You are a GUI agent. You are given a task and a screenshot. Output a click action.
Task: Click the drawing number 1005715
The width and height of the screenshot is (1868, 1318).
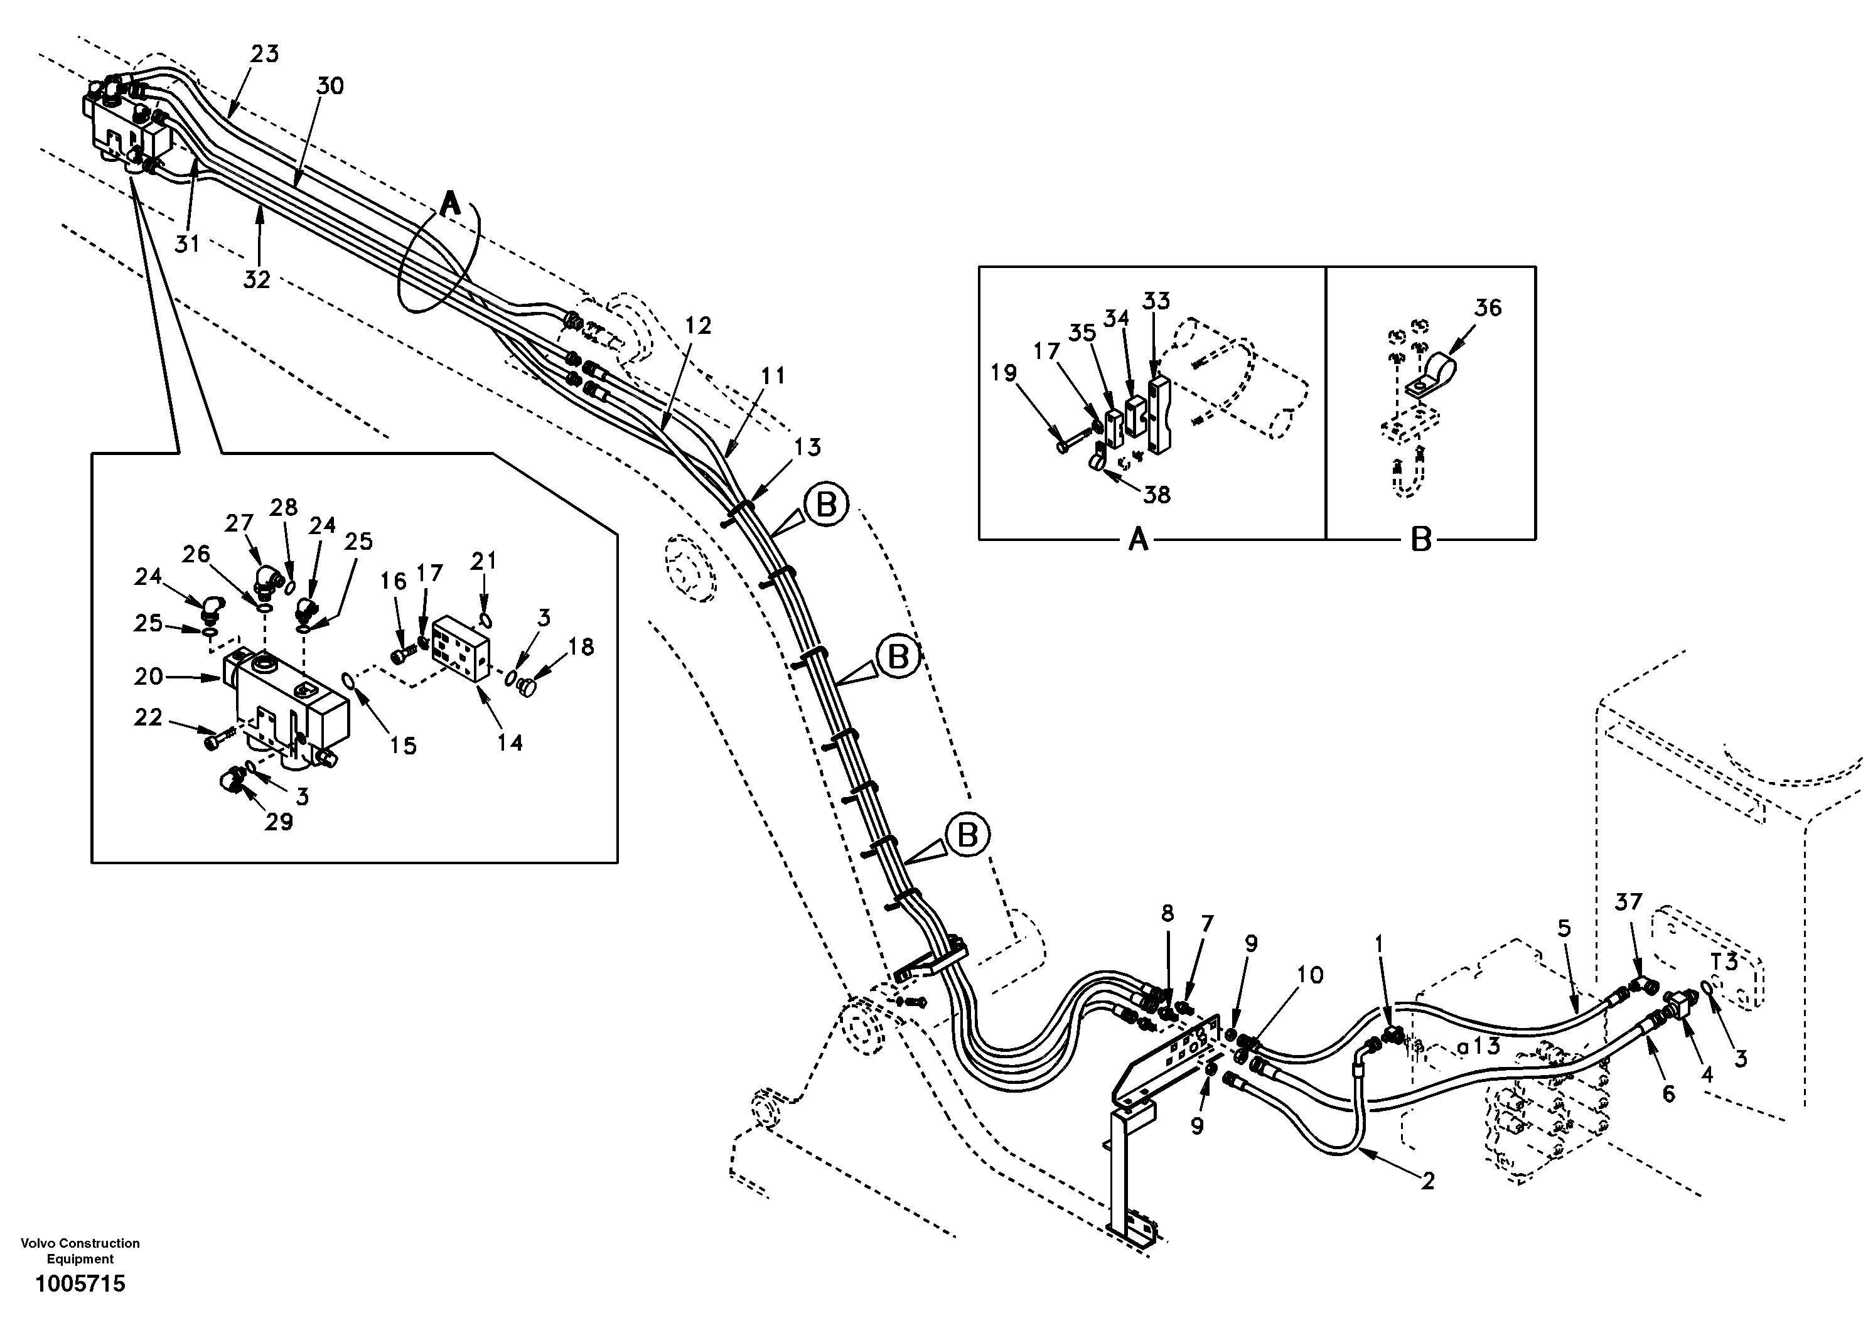click(80, 1284)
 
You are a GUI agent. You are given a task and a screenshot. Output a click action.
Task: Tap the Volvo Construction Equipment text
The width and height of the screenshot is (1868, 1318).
click(80, 1250)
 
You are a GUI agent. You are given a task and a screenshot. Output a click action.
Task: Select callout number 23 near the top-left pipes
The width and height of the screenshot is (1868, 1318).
click(264, 55)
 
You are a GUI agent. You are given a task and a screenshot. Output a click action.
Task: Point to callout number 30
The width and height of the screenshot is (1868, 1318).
click(330, 85)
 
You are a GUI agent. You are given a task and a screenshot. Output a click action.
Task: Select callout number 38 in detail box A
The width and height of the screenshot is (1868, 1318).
click(1156, 494)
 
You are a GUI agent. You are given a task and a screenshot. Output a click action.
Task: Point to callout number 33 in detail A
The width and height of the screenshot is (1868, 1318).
click(1156, 301)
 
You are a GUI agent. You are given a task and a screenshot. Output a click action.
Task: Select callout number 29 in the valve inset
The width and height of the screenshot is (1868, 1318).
click(278, 822)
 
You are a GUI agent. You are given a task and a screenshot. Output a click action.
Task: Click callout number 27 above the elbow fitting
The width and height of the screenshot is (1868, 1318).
click(239, 523)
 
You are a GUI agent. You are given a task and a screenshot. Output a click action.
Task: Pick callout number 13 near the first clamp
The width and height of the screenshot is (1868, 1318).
click(807, 447)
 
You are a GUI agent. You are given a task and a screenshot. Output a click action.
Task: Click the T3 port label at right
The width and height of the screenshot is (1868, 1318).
click(1722, 962)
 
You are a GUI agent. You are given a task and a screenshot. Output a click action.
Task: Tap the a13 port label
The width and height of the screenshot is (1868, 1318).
click(1478, 1046)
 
